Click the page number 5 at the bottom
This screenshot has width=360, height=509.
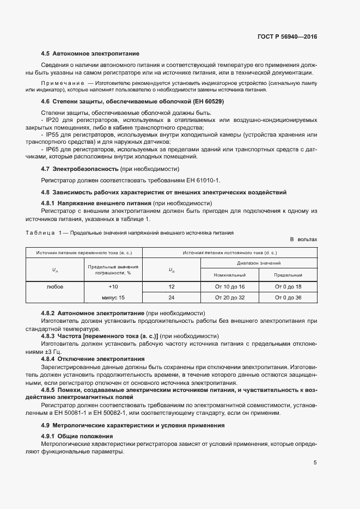pos(315,463)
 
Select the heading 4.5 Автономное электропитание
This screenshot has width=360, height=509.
pos(90,54)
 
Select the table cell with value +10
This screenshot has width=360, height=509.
pos(113,286)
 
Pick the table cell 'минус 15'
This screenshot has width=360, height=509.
pos(113,298)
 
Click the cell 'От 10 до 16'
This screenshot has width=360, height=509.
pos(230,286)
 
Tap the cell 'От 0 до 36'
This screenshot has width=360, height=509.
pos(288,298)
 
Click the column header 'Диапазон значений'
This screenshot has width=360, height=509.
pos(259,263)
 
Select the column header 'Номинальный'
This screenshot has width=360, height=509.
pos(230,275)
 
